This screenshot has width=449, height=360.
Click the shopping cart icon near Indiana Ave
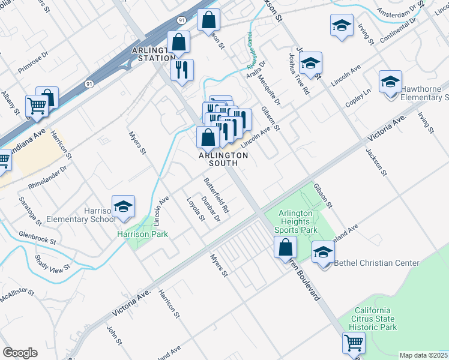tap(37, 106)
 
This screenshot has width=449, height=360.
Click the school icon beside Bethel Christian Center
tap(323, 252)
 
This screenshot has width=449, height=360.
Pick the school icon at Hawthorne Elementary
tap(390, 81)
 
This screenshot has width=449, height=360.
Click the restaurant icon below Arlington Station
tap(182, 69)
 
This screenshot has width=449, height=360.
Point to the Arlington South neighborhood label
tap(223, 159)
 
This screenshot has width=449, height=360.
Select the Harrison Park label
tap(142, 234)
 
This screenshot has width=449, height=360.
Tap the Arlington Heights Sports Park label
tap(295, 221)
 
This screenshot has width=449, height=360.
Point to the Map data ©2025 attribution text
tap(423, 355)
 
